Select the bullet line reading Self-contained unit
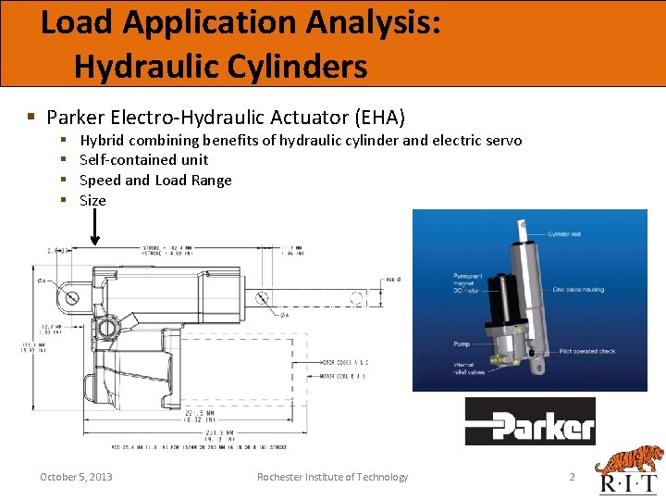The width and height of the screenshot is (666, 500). [x=144, y=160]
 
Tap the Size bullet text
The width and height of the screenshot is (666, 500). [x=92, y=200]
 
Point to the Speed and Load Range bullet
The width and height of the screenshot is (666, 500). [x=155, y=180]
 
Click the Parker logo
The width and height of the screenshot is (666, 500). [x=530, y=422]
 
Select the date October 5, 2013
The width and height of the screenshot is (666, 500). [x=76, y=477]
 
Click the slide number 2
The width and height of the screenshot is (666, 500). [x=572, y=477]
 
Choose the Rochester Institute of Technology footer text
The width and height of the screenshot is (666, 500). [x=332, y=477]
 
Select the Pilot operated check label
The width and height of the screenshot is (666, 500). [x=586, y=352]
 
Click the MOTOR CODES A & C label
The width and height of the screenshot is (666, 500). [x=343, y=362]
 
